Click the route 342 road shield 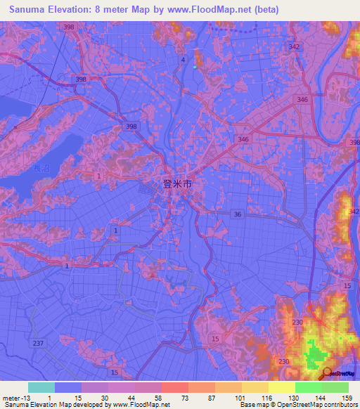pos(294,46)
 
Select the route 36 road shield pos(238,214)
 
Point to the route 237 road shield pos(39,343)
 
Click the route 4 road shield pos(183,60)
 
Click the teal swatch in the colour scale pos(41,387)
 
